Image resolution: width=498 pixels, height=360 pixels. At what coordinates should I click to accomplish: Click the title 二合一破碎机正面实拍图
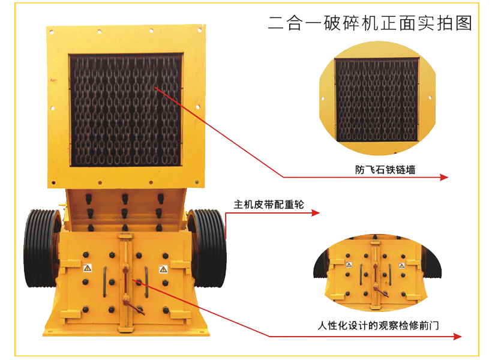point(370,23)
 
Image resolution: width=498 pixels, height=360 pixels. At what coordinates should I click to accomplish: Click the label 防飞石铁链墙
point(385,170)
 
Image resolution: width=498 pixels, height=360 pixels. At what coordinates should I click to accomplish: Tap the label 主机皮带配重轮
point(269,205)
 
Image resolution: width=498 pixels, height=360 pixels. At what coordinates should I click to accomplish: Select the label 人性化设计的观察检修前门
point(378,325)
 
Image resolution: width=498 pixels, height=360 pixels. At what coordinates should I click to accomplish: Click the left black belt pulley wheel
point(41,248)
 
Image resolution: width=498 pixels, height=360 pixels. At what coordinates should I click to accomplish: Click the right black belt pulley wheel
point(208,248)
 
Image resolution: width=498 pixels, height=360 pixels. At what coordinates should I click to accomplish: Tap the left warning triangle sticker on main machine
point(88,268)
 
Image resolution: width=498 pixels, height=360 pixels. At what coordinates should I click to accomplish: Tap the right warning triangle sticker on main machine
point(163,269)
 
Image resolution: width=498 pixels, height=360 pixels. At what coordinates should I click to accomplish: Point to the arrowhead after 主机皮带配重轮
point(316,213)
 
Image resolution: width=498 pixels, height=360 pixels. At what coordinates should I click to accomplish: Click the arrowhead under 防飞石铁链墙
point(444,177)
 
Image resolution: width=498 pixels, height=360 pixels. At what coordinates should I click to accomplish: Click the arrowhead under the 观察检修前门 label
point(457,337)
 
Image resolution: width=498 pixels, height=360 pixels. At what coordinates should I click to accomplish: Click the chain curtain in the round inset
point(377,100)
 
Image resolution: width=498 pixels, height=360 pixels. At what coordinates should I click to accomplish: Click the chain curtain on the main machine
point(126,110)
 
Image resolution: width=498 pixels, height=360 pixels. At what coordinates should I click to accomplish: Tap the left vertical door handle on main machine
point(104,282)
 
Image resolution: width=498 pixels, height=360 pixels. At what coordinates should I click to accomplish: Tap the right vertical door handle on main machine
point(146,282)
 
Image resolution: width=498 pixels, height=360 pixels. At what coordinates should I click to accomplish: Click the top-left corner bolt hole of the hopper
point(52,32)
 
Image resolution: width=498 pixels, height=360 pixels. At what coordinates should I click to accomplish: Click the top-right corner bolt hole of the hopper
point(200,30)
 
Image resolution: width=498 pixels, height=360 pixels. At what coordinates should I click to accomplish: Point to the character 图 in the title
point(464,23)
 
